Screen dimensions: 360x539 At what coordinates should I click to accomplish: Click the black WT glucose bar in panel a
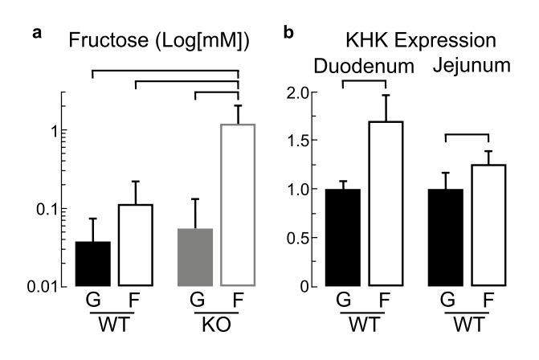(x=93, y=264)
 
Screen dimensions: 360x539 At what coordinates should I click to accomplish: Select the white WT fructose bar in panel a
(x=135, y=245)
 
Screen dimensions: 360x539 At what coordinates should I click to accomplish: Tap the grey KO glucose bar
(x=195, y=257)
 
